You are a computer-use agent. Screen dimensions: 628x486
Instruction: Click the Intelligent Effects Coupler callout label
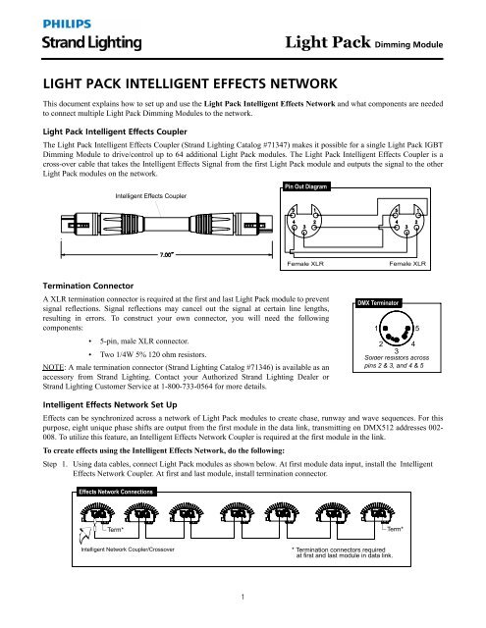pos(151,196)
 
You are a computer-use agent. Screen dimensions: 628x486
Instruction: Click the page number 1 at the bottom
pos(243,619)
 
